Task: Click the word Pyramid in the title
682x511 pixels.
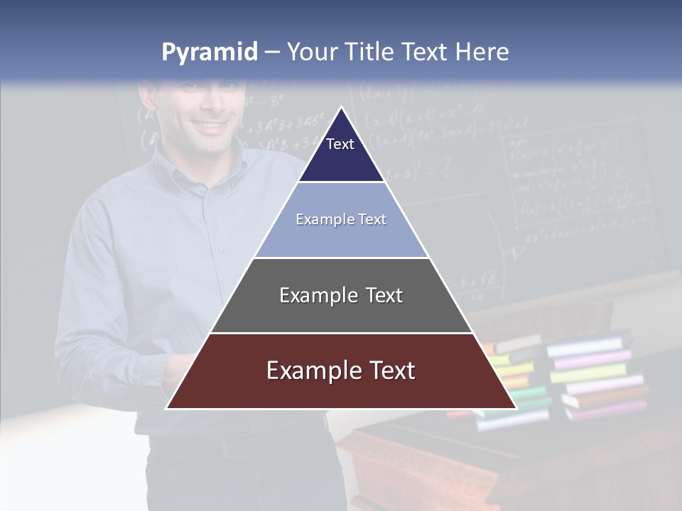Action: pos(209,53)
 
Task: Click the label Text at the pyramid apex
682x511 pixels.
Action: pos(340,144)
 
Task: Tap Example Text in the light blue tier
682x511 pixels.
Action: pos(341,219)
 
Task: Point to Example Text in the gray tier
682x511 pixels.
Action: pos(341,295)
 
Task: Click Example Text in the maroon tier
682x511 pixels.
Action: pos(341,370)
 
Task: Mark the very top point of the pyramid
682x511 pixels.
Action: pos(341,109)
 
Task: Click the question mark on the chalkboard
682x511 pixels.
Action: pos(445,168)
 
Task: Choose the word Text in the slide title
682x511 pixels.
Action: pos(426,53)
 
